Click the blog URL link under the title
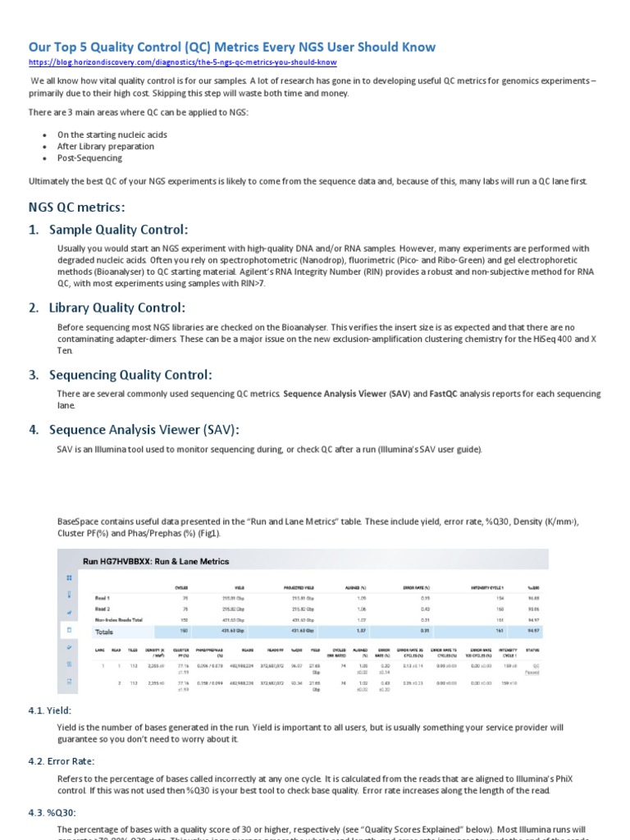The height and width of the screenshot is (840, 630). coord(182,62)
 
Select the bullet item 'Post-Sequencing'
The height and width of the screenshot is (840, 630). coord(89,157)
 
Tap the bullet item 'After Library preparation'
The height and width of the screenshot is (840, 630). coord(105,146)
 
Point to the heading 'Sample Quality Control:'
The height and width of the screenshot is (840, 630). coord(118,229)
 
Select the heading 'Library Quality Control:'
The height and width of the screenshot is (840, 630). coord(117,308)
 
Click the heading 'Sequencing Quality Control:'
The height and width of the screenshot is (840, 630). coord(130,375)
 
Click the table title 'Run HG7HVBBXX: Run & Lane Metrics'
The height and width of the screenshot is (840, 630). coord(156,561)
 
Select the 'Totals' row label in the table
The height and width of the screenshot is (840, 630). coord(104,632)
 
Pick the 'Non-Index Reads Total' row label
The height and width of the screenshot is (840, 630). coord(125,619)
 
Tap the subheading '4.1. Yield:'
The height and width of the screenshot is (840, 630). coord(50,710)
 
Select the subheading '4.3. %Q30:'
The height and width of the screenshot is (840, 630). coord(53,812)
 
